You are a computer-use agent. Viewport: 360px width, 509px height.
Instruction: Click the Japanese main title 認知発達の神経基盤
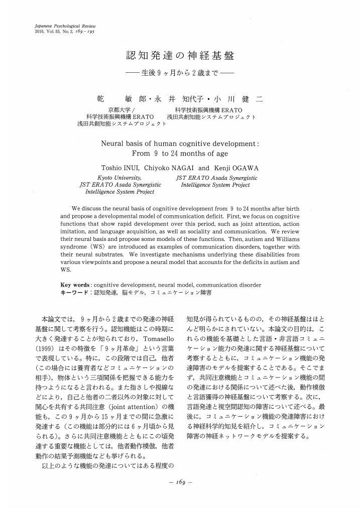180,56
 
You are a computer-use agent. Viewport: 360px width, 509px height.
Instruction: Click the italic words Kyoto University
119,178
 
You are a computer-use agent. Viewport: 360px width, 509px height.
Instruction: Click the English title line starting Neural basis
180,143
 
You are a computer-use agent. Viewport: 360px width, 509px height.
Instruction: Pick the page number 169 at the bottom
180,482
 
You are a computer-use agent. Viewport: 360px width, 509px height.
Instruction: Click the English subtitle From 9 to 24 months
180,154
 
